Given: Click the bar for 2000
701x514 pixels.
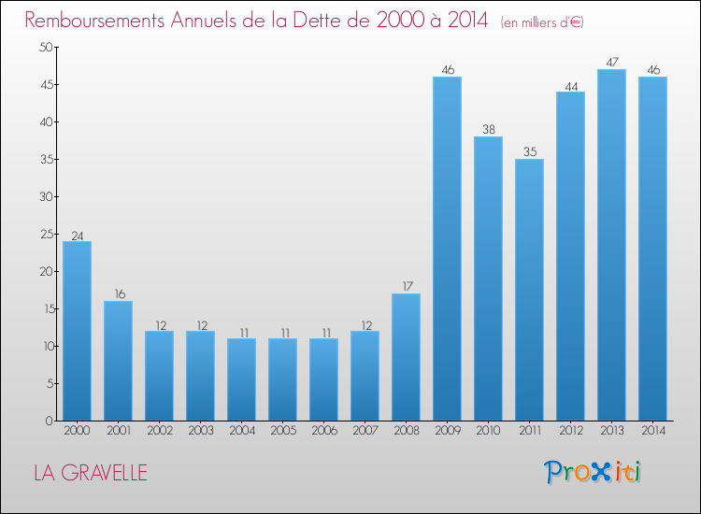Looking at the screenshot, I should (77, 331).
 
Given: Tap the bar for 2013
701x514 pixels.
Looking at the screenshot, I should (611, 245).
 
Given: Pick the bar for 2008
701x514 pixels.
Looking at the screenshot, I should (406, 357).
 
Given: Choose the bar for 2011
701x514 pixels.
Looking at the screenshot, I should (529, 290).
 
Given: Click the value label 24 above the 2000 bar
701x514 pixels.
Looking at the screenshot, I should (77, 236).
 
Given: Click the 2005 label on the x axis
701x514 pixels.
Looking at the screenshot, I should (282, 431).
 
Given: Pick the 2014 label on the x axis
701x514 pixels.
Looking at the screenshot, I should (652, 431).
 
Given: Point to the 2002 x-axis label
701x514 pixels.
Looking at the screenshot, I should (159, 431).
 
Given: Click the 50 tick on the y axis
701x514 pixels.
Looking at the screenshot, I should (45, 47).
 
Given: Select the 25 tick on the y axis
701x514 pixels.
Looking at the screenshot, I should (45, 234).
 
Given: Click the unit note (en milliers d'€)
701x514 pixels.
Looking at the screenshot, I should (542, 21).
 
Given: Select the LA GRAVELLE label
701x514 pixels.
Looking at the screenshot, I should (91, 473).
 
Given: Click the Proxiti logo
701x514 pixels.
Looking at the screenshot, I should (594, 472).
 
